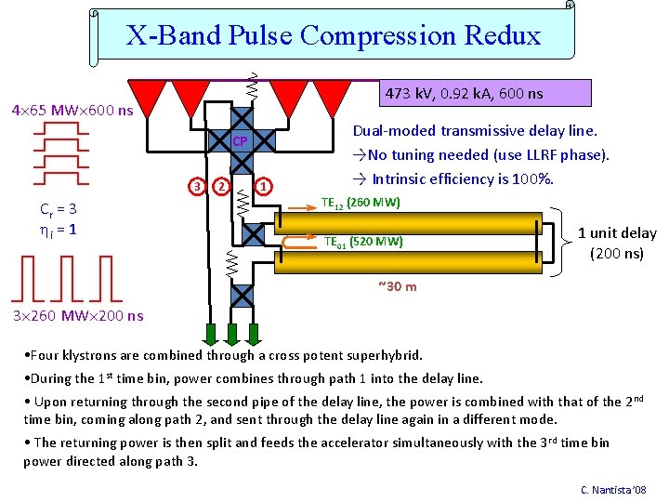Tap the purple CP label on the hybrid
(x=240, y=141)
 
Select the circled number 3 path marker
(x=197, y=186)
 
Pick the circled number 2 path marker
(x=221, y=186)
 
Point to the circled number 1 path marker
(x=264, y=186)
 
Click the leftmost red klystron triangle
(x=146, y=94)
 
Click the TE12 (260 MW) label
(x=360, y=203)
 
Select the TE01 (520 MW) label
(x=362, y=242)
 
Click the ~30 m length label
(x=397, y=286)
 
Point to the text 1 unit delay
(x=617, y=233)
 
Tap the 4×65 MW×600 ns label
(x=72, y=112)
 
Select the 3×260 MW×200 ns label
(x=78, y=316)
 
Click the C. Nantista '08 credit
(x=613, y=490)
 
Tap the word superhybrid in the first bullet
(x=383, y=355)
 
